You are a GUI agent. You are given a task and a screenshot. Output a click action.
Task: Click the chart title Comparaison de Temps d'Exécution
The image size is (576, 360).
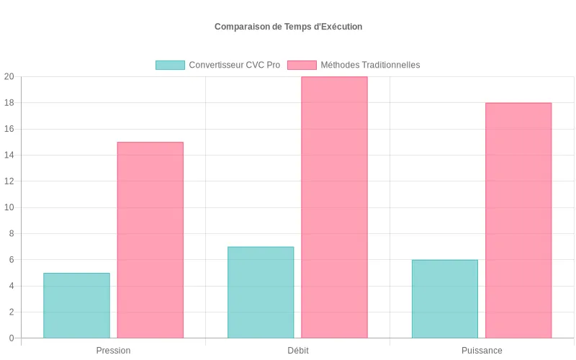288,27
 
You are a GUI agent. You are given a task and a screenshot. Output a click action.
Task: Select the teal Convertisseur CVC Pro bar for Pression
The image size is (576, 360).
76,305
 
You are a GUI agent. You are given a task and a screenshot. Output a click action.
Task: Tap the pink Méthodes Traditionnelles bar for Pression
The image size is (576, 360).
150,240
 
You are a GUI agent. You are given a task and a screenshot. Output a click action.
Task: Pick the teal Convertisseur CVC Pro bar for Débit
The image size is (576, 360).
261,292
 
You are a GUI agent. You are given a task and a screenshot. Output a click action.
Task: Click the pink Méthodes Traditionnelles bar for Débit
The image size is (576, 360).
334,207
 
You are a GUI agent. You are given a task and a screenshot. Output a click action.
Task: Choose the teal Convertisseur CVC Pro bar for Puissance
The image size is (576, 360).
445,299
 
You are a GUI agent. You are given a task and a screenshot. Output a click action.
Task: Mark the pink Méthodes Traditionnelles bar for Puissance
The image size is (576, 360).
518,220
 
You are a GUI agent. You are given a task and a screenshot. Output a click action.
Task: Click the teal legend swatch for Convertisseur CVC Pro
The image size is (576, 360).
170,65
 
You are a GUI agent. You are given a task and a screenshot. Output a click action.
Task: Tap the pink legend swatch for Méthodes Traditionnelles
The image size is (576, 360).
302,65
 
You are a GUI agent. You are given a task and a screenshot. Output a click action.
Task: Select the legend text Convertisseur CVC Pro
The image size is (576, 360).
235,65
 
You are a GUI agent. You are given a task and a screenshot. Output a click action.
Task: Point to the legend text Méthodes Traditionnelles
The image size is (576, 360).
370,65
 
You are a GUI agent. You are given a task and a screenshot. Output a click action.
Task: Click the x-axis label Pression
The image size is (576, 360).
113,351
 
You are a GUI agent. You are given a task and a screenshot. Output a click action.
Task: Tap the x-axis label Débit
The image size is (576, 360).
297,351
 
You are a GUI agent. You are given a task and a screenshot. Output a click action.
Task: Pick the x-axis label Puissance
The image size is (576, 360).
482,351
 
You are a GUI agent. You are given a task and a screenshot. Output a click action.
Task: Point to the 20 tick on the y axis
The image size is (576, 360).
9,77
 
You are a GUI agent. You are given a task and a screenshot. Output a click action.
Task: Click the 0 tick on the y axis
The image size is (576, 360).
12,338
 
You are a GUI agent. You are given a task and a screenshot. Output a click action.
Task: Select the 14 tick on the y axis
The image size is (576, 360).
9,156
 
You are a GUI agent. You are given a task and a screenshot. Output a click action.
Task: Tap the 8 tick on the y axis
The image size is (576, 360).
12,234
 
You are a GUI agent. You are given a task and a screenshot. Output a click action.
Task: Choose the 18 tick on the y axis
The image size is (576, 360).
9,103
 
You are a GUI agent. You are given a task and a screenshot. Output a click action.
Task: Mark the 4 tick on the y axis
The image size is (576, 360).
12,286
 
